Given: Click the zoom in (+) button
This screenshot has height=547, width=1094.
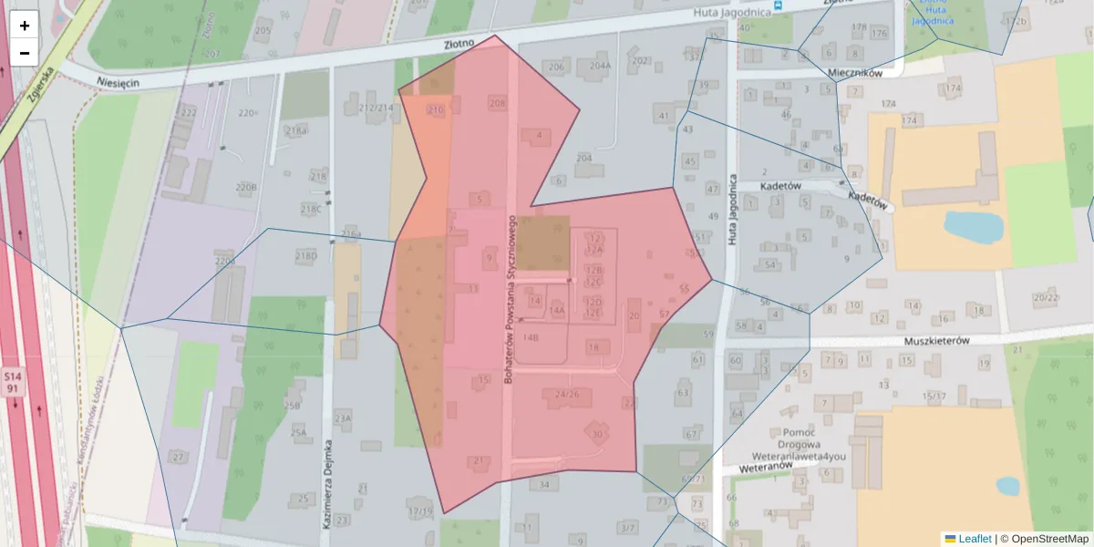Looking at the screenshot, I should point(25,26).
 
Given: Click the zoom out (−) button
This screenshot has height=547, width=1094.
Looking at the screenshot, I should point(25,53).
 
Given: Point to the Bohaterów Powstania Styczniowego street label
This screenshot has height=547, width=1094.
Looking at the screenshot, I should point(511,298).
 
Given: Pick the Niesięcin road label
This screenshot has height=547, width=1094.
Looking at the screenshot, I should point(118,82).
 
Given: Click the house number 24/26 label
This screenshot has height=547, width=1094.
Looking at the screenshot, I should point(566,394).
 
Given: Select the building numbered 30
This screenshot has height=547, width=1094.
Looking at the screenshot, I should point(597,434).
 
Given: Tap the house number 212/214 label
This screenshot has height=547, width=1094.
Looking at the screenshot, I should point(377,108).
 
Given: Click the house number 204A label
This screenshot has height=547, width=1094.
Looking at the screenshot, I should point(600,66).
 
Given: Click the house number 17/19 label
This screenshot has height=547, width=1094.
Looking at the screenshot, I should point(420,511).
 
